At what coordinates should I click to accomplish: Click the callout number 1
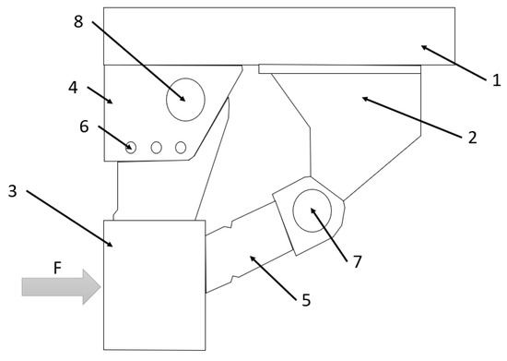coord(495,80)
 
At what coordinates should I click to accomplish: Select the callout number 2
coord(471,138)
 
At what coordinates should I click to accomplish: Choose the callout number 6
coord(84,126)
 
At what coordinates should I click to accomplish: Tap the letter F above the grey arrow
coord(57,269)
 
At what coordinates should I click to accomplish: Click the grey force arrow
coord(60,288)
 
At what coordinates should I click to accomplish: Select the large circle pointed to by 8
coord(184,99)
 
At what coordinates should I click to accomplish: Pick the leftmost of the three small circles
coord(132,147)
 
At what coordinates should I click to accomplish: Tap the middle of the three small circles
coord(156,147)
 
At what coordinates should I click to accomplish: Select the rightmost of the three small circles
coord(181,147)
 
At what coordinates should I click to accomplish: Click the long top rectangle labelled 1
coord(277,35)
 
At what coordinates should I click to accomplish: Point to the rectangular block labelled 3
coord(155,285)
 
